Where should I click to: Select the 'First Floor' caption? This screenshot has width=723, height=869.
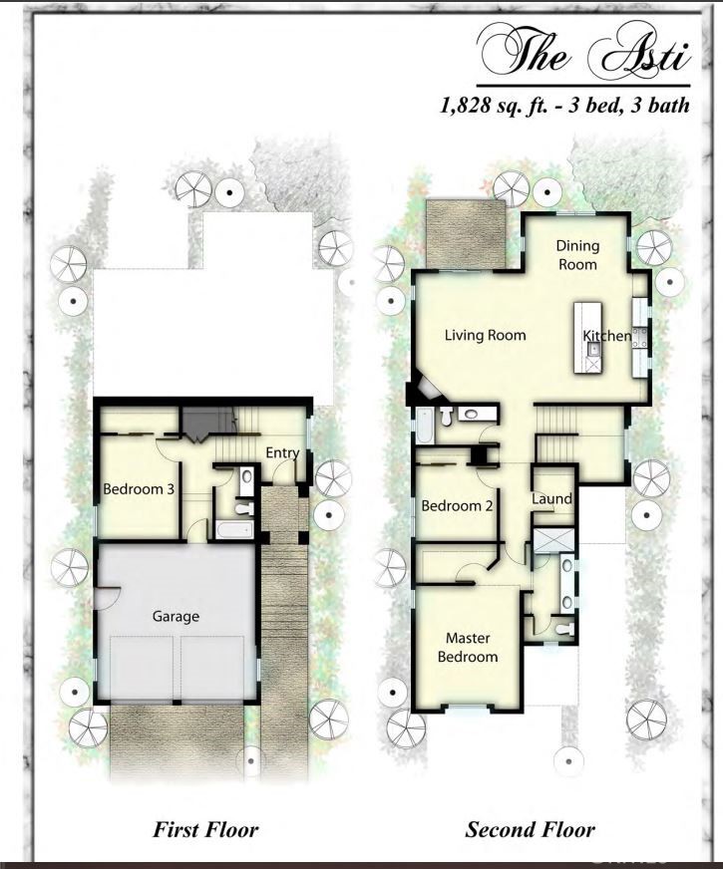[x=205, y=829]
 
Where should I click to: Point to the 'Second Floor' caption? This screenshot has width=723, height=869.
[x=530, y=829]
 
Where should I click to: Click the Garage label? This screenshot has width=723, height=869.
[x=176, y=616]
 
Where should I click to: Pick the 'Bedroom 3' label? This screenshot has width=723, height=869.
[x=139, y=489]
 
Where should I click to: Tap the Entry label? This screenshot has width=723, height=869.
[x=282, y=452]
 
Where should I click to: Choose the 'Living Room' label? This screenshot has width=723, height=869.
[x=485, y=335]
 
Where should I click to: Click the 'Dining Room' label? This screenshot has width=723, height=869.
[x=576, y=255]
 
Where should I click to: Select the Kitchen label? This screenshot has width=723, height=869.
[x=607, y=336]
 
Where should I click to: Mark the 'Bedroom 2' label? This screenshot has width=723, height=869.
[x=458, y=505]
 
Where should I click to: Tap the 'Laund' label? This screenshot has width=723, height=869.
[x=551, y=498]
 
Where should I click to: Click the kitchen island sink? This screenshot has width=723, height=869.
[x=592, y=349]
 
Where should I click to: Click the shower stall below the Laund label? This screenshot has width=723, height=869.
[x=551, y=541]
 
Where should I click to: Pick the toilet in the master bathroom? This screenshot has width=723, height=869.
[x=564, y=629]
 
